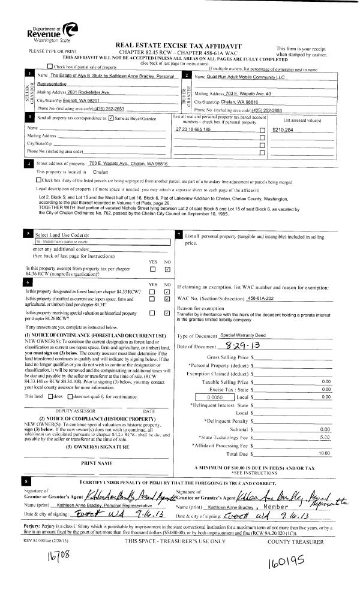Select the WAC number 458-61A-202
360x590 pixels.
(x=265, y=298)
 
